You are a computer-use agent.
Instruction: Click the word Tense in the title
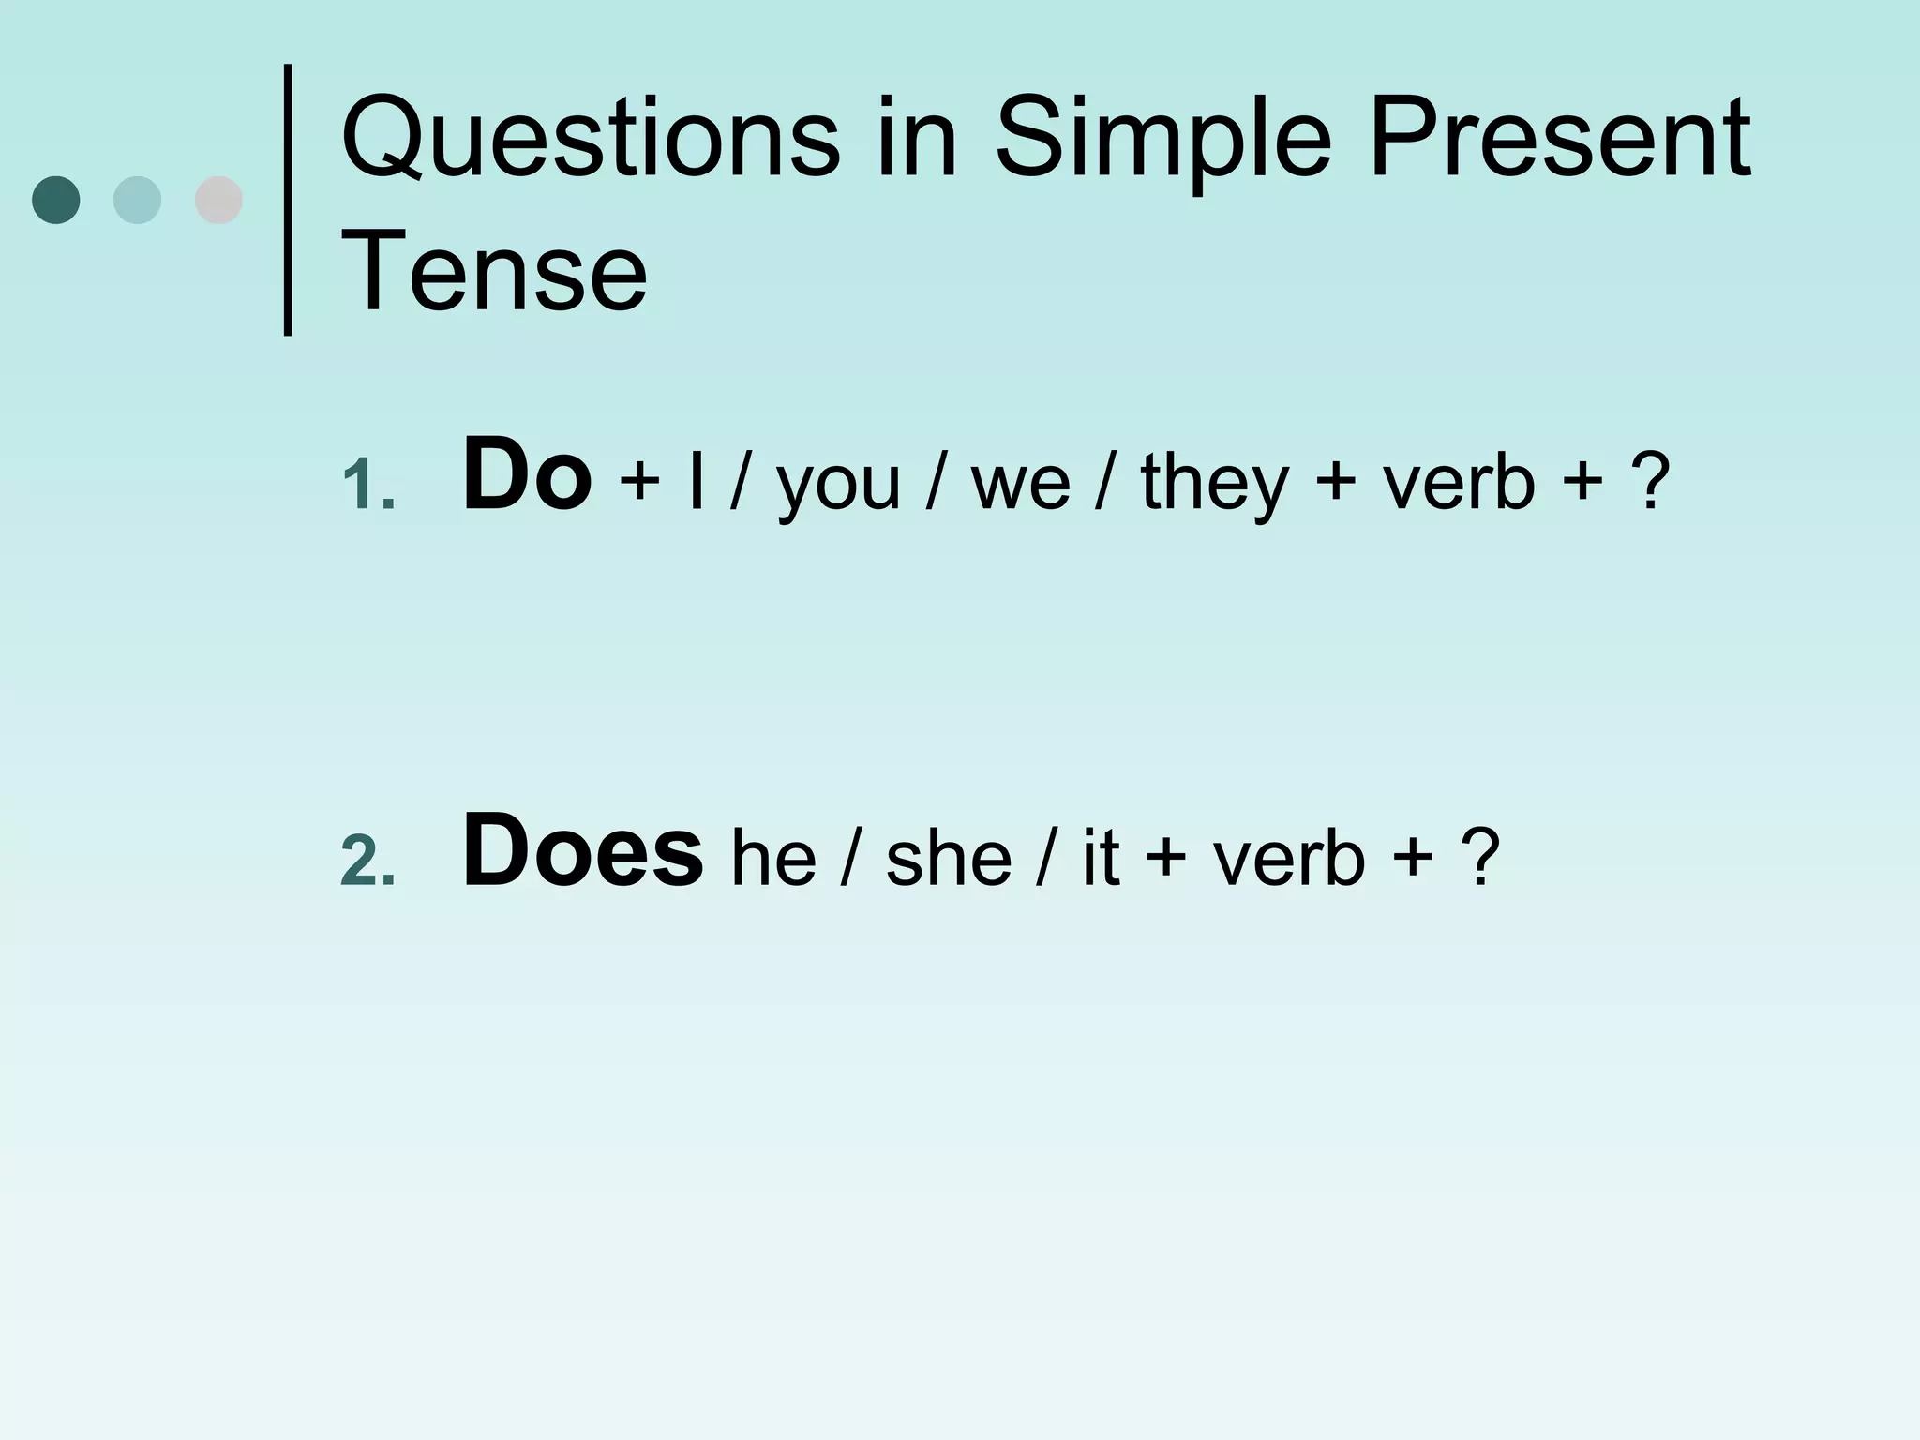pos(494,272)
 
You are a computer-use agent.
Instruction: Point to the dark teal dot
pos(56,200)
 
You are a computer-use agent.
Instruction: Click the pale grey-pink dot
pos(218,200)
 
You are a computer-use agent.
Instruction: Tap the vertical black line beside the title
pos(288,199)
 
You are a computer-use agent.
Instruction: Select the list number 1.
pos(367,486)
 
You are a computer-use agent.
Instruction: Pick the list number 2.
pos(367,861)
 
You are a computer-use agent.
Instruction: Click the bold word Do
pos(527,474)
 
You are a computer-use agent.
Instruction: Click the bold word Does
pos(582,851)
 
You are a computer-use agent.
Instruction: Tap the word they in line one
pos(1215,484)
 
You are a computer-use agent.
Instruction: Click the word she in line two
pos(949,859)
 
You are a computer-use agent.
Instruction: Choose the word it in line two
pos(1101,859)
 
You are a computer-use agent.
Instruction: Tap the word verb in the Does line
pos(1289,859)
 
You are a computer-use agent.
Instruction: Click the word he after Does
pos(773,859)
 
